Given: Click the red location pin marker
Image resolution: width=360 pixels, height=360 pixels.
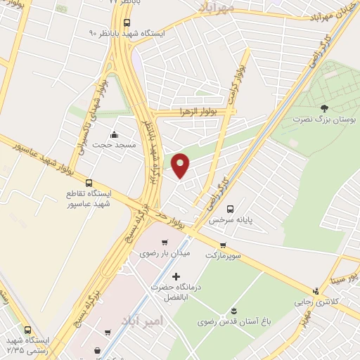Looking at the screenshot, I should pyautogui.click(x=181, y=165).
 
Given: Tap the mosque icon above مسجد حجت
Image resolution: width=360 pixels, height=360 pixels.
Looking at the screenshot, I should pyautogui.click(x=115, y=134).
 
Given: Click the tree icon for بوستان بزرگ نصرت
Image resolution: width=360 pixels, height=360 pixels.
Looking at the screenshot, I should pyautogui.click(x=323, y=108).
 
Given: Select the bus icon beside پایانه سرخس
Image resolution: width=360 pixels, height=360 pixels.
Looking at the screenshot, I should pyautogui.click(x=230, y=208).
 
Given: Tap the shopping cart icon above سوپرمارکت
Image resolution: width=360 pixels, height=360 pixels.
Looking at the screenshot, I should pyautogui.click(x=223, y=245).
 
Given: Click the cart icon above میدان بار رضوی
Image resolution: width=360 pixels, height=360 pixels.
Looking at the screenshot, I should pyautogui.click(x=165, y=243).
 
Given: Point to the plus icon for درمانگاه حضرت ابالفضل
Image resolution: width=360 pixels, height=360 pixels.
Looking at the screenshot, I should pyautogui.click(x=176, y=276).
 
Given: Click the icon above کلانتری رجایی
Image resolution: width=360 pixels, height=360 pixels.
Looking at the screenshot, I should pyautogui.click(x=316, y=290).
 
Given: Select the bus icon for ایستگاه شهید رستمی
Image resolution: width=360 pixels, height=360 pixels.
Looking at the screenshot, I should pyautogui.click(x=27, y=329).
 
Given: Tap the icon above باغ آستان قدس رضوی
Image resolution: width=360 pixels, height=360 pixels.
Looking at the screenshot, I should pyautogui.click(x=233, y=311).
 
